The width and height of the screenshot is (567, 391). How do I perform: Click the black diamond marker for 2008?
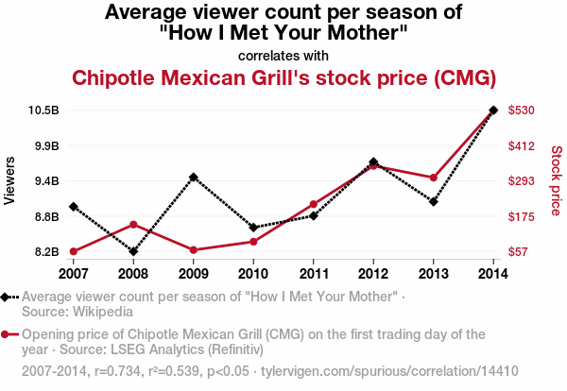(133, 251)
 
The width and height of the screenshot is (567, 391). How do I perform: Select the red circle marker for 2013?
(434, 178)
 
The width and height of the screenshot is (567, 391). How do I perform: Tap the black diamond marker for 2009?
(193, 177)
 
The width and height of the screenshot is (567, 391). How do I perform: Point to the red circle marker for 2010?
(253, 242)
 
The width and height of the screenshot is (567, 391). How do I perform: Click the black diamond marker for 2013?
(434, 201)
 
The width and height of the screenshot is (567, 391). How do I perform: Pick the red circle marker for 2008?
(133, 225)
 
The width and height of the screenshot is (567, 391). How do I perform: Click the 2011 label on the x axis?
(313, 273)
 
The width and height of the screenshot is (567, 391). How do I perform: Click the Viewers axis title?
(10, 180)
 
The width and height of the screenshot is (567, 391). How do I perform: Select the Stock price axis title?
(556, 180)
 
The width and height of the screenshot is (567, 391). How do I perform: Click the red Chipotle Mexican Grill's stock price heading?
(283, 76)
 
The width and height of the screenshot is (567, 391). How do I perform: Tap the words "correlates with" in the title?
(283, 54)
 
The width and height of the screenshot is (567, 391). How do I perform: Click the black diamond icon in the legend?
(7, 297)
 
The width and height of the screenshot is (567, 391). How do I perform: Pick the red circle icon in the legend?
(7, 334)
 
